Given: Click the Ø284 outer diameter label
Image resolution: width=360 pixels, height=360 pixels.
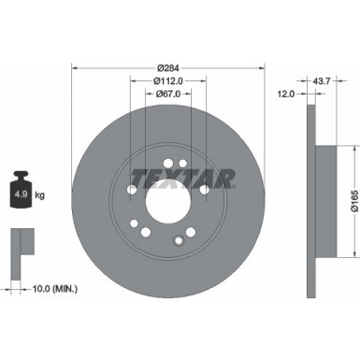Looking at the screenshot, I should [168, 67].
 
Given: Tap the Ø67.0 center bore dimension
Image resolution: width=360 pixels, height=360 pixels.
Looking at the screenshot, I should [168, 94].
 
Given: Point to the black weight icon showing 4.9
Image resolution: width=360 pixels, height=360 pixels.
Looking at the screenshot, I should [21, 194].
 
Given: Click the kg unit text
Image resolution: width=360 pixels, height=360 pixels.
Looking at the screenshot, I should [40, 196].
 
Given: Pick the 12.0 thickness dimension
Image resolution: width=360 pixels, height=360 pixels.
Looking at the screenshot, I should [287, 94].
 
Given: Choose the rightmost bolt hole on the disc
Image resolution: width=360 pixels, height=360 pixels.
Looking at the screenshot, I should [205, 190].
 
